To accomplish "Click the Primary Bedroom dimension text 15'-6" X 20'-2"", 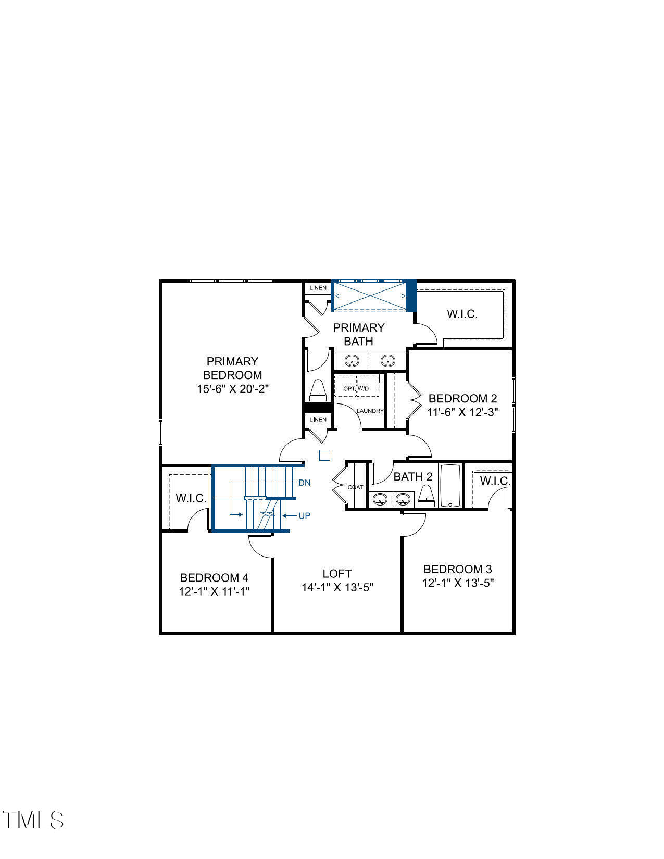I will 232,389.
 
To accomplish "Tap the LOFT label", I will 337,574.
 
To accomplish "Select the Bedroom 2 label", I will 462,399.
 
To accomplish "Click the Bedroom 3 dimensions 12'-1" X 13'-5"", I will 458,583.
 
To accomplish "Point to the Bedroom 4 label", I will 214,578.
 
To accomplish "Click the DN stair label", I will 305,483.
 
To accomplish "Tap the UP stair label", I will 305,516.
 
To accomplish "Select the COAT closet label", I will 355,487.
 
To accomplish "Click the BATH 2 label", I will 412,476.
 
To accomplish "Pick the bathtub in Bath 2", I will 451,485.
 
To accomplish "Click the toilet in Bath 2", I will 427,496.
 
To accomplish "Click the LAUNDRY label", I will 370,411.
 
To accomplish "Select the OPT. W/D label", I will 356,389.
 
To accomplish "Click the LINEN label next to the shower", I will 318,288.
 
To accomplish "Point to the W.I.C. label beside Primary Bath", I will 462,314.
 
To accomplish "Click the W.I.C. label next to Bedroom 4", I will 191,498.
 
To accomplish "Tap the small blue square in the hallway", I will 324,456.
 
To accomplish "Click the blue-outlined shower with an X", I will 370,296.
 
